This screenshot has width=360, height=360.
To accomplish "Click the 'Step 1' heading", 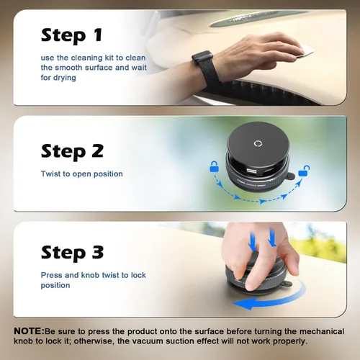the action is pos(72,35).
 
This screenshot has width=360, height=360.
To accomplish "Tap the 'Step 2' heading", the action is pos(72,151).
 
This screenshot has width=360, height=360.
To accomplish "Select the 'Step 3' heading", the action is pos(72,253).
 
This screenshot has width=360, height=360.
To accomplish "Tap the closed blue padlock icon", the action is pos(214,167).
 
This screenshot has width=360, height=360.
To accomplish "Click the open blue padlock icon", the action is pos(303,171).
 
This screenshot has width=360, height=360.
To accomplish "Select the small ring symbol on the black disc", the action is pos(258,143).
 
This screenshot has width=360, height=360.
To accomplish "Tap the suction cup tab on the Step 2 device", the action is pos(290,176).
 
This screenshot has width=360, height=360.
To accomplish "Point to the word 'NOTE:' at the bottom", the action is pos(29,331).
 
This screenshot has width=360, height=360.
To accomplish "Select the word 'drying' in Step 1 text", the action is pos(65,78).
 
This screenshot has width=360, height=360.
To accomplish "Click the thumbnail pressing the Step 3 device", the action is pos(250,284).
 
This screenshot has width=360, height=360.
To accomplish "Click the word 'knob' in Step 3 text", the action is pos(90,275).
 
